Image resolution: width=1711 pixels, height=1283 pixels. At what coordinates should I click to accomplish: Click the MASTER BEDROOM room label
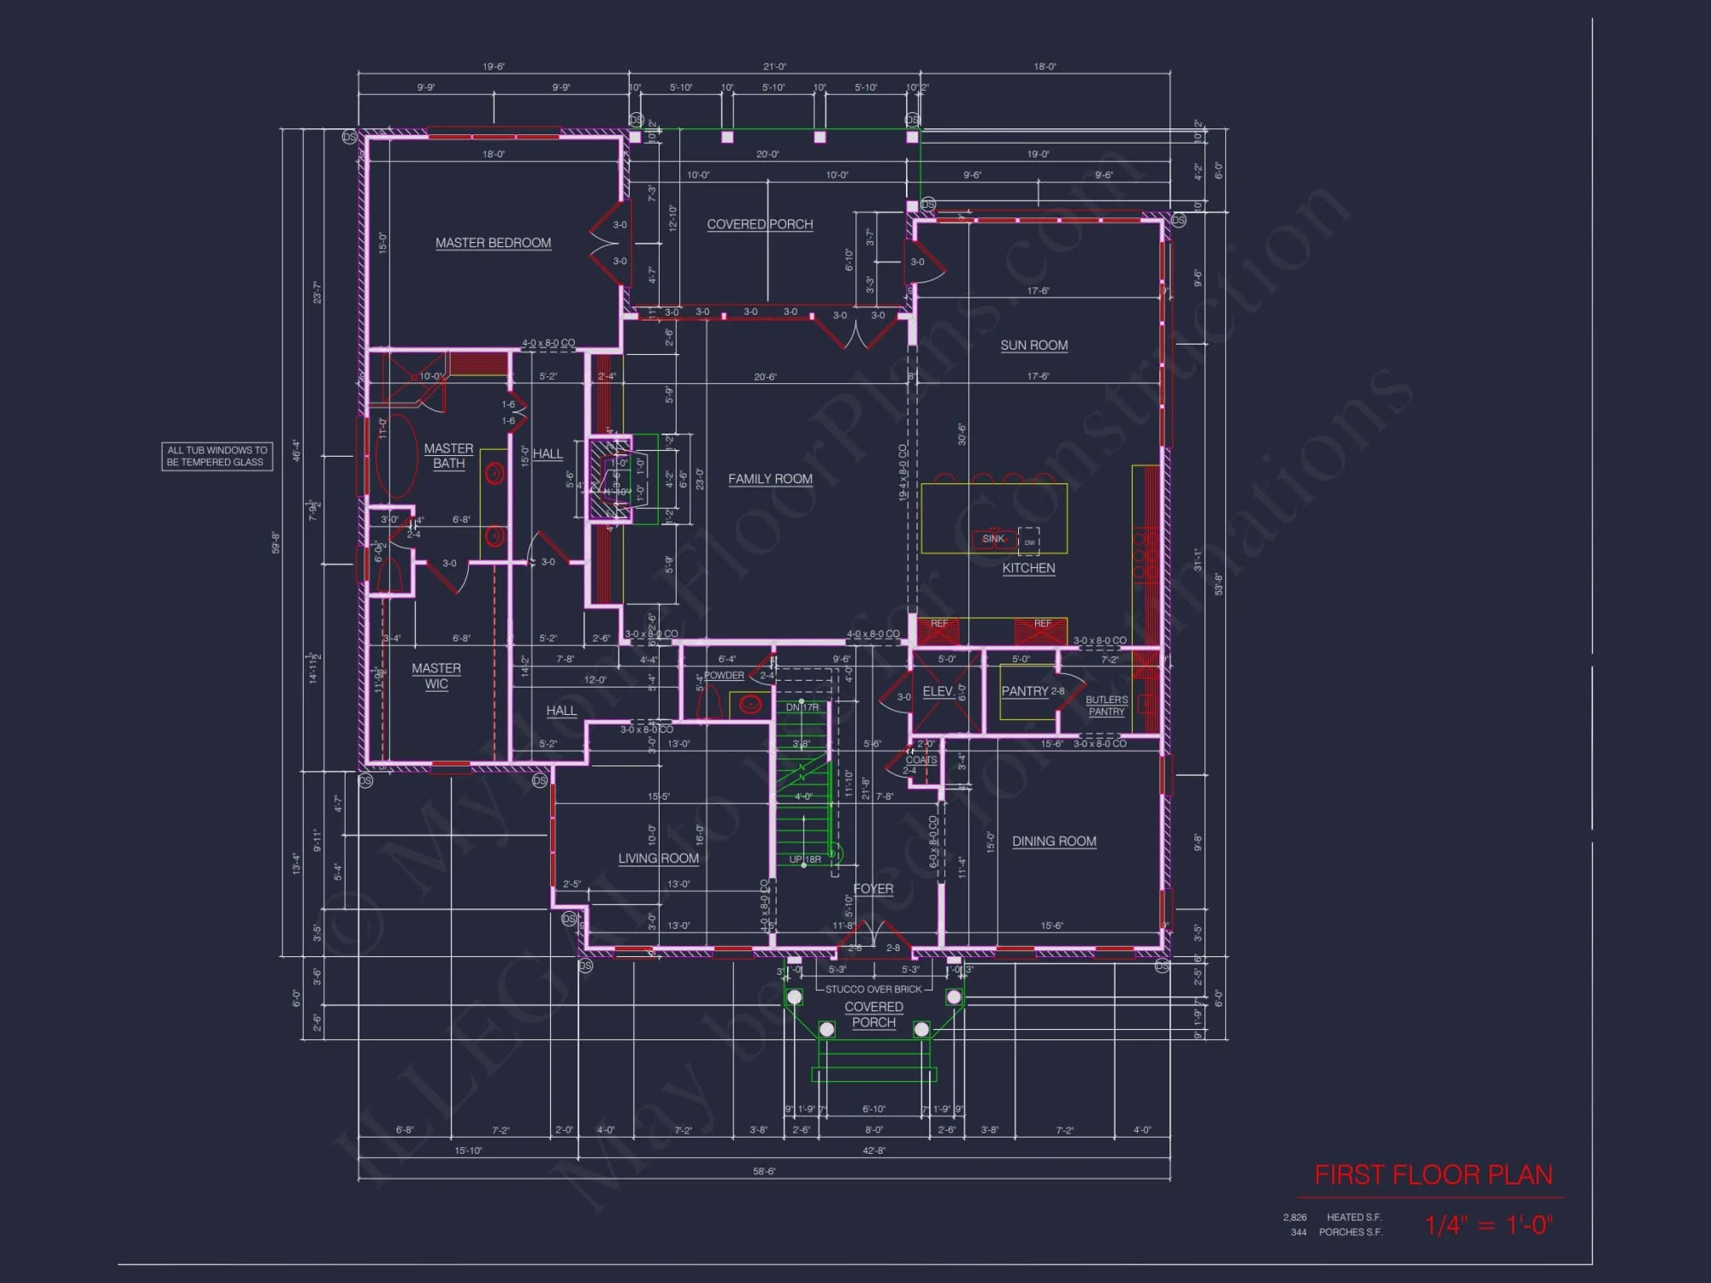pos(493,243)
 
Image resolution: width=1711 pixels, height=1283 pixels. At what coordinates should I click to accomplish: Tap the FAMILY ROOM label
pos(770,479)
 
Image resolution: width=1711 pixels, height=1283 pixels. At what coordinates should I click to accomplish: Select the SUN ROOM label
pos(1033,346)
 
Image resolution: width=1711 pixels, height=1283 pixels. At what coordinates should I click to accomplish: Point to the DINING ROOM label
pos(1054,842)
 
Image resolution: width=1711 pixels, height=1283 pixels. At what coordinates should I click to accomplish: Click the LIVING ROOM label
pos(658,859)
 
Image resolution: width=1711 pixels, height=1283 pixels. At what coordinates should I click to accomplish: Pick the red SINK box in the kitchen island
pos(993,539)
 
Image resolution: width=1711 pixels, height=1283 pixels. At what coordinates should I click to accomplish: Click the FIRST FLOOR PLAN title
pos(1433,1175)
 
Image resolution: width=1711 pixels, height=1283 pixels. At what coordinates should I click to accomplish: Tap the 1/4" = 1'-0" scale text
pos(1489,1225)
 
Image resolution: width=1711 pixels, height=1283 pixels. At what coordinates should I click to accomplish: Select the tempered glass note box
pos(217,456)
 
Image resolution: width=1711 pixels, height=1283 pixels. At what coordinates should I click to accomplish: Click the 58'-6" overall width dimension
pos(764,1171)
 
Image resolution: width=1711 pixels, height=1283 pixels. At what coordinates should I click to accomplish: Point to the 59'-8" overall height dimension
pos(275,542)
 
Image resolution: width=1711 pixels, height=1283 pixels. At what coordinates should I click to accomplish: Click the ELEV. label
pos(938,691)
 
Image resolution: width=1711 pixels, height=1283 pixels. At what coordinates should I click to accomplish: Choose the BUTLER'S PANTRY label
pos(1106,706)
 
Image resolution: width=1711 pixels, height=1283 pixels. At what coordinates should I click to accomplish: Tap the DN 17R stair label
pos(802,707)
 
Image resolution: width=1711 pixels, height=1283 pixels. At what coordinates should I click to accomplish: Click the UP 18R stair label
pos(804,860)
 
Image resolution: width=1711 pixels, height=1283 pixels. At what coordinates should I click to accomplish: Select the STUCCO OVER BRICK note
pos(873,990)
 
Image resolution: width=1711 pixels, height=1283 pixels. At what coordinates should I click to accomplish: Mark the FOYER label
pos(873,889)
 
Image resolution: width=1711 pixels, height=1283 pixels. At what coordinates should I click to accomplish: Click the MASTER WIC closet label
pos(436,676)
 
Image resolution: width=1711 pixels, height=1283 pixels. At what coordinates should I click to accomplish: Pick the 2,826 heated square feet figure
pos(1294,1217)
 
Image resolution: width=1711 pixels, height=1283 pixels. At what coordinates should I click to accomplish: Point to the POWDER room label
pos(724,676)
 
